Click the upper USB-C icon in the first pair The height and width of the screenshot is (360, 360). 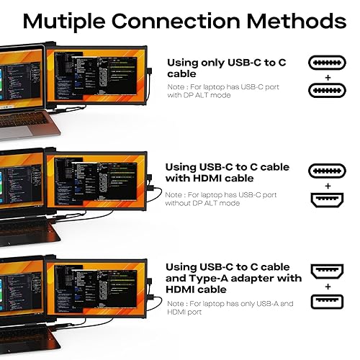point(328,63)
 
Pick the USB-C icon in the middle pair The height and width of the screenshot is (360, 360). point(328,170)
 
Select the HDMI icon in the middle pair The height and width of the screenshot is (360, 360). point(328,199)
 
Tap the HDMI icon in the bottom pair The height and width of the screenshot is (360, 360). point(328,271)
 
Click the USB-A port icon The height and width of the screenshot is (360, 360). point(328,300)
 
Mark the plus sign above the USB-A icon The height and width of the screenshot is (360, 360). point(328,287)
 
